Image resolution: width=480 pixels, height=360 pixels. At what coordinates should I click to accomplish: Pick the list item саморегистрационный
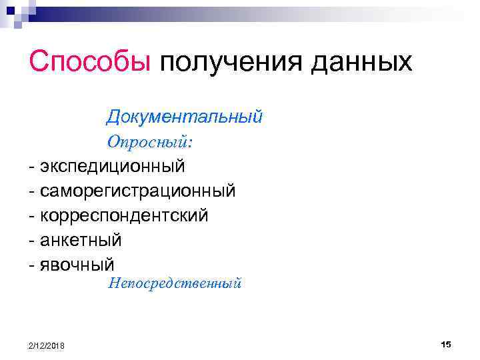(x=138, y=191)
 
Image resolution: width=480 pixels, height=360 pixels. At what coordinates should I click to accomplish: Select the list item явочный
(x=77, y=264)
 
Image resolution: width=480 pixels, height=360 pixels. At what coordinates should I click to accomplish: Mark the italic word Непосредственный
(x=174, y=284)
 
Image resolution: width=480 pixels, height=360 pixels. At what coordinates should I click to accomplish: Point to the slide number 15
(x=446, y=343)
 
